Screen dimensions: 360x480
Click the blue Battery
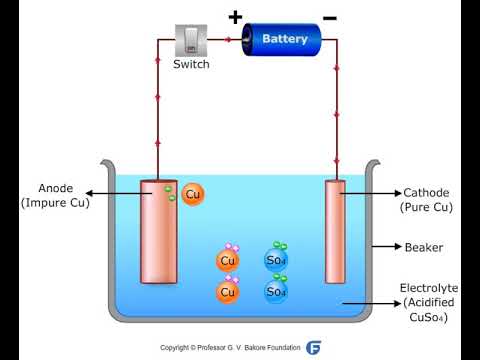click(285, 40)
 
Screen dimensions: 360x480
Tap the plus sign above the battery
click(236, 16)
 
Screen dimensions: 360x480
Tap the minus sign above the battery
click(329, 17)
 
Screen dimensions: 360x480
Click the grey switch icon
click(191, 40)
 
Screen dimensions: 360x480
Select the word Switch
click(191, 65)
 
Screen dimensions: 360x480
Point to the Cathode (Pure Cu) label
click(425, 200)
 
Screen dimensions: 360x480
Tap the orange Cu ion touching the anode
click(194, 194)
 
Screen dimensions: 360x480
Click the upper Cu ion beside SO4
click(228, 261)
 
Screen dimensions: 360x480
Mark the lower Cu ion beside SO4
click(228, 292)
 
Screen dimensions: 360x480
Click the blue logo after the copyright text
click(313, 348)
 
